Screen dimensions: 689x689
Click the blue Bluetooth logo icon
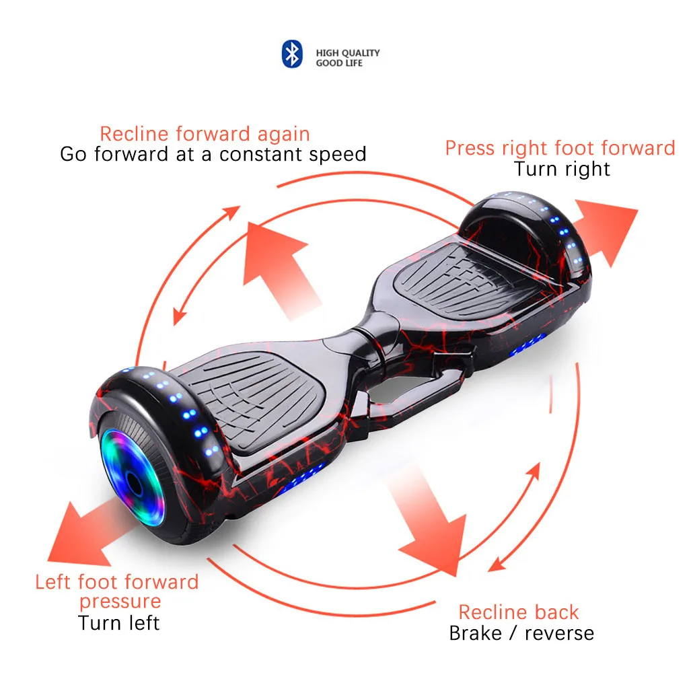pyautogui.click(x=291, y=54)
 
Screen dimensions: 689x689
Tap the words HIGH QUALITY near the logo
pyautogui.click(x=348, y=52)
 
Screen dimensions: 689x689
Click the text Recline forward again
pyautogui.click(x=205, y=133)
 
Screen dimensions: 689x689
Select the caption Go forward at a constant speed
pyautogui.click(x=213, y=154)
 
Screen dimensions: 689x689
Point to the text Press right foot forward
pyautogui.click(x=560, y=147)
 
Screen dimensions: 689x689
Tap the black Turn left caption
pyautogui.click(x=118, y=622)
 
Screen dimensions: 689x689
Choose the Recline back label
pyautogui.click(x=518, y=612)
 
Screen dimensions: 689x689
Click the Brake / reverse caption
pyautogui.click(x=521, y=633)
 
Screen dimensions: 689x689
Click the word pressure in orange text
pyautogui.click(x=120, y=601)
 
